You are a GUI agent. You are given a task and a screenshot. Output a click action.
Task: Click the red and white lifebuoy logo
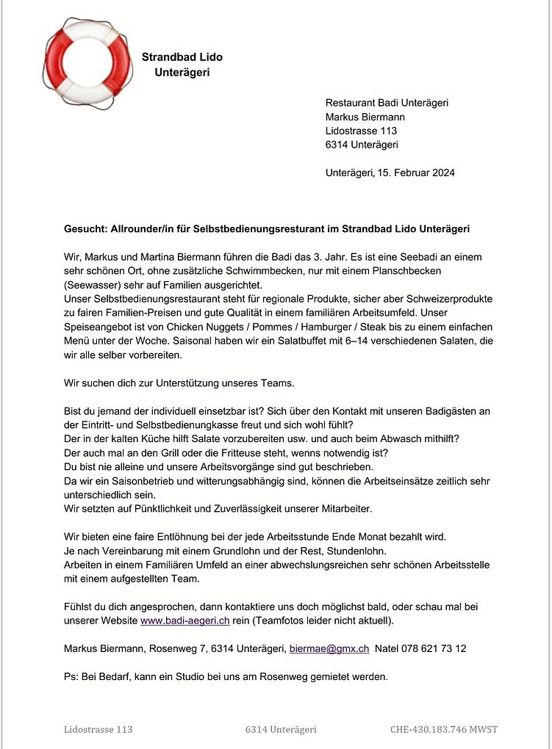point(79,64)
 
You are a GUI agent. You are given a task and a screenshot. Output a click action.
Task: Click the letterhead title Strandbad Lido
point(182,57)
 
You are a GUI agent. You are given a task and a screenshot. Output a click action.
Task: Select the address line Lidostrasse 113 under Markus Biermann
point(361,131)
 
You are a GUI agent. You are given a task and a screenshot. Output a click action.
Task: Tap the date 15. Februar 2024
point(416,173)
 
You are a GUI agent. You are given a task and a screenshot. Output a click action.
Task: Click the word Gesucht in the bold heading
point(85,229)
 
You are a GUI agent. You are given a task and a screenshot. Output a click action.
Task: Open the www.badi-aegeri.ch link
point(179,620)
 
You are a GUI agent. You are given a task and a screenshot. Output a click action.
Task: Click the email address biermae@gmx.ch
point(329,649)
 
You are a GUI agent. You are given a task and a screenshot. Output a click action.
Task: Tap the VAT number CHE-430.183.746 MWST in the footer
point(444,729)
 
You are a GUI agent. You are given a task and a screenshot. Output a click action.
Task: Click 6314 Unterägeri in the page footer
point(281,729)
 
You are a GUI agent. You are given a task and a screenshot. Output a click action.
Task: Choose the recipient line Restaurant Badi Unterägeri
point(387,103)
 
